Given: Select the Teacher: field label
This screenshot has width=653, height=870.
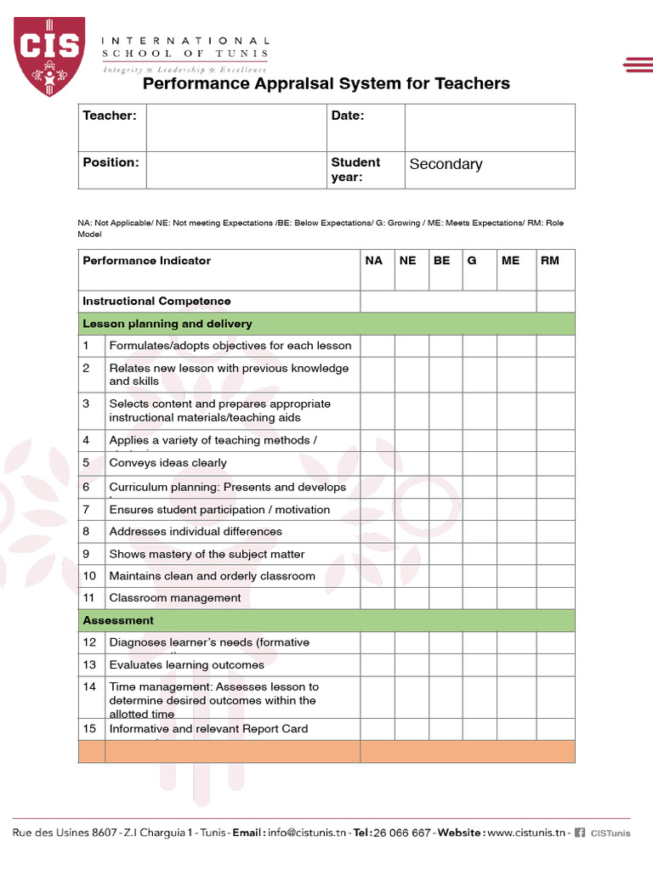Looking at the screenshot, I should [109, 116].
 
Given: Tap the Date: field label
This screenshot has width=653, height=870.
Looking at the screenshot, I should [347, 116].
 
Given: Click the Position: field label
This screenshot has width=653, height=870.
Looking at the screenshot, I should [111, 161].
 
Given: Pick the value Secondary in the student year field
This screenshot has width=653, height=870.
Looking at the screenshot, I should [446, 164].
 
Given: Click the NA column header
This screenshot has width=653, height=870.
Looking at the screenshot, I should [374, 261].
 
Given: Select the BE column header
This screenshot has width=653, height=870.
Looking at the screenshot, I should [442, 261].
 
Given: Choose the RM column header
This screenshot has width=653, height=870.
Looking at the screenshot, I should [550, 261].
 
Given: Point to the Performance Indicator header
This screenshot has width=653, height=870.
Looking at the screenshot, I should [146, 261].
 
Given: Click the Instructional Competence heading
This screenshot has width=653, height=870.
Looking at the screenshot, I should [156, 302].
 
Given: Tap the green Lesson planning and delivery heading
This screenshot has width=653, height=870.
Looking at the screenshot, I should [167, 324].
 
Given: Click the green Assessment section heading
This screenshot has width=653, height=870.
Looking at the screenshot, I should [118, 620].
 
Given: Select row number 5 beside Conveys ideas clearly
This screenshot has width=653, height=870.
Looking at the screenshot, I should [87, 463].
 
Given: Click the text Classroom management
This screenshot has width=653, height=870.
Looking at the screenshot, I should [174, 598].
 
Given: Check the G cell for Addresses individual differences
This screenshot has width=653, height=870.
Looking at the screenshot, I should [480, 532].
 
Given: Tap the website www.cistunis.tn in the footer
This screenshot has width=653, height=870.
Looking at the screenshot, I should [526, 833].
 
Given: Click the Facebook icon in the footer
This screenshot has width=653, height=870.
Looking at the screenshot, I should [580, 833].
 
